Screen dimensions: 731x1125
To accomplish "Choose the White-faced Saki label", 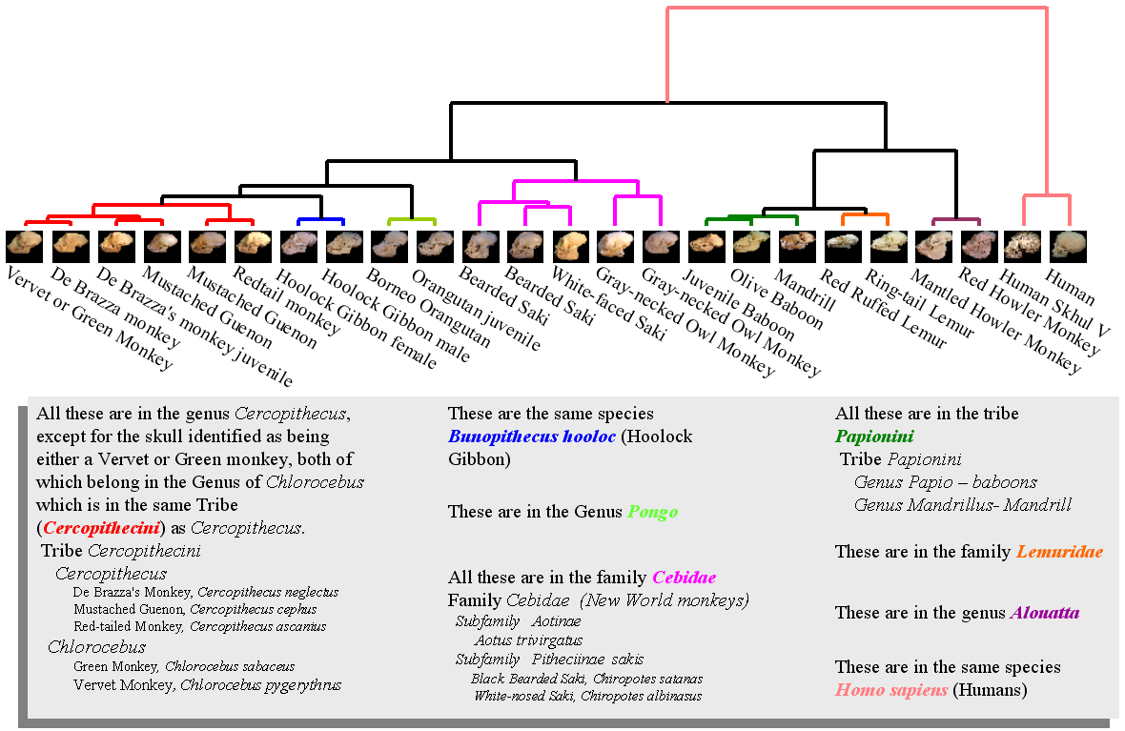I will click(596, 304).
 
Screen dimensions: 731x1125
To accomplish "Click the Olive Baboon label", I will click(777, 299).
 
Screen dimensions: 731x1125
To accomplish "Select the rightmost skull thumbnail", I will click(1066, 246).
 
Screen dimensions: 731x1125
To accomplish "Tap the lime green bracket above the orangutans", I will click(412, 219).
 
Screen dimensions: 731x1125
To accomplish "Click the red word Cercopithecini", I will click(100, 528).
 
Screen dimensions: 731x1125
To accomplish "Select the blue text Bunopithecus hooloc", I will click(531, 437).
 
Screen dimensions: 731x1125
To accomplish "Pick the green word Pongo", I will click(652, 512).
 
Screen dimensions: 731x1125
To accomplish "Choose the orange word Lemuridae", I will click(1059, 552).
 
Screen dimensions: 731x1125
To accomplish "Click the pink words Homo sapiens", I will click(891, 690).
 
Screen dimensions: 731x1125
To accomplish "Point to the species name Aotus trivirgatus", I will click(528, 640).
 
